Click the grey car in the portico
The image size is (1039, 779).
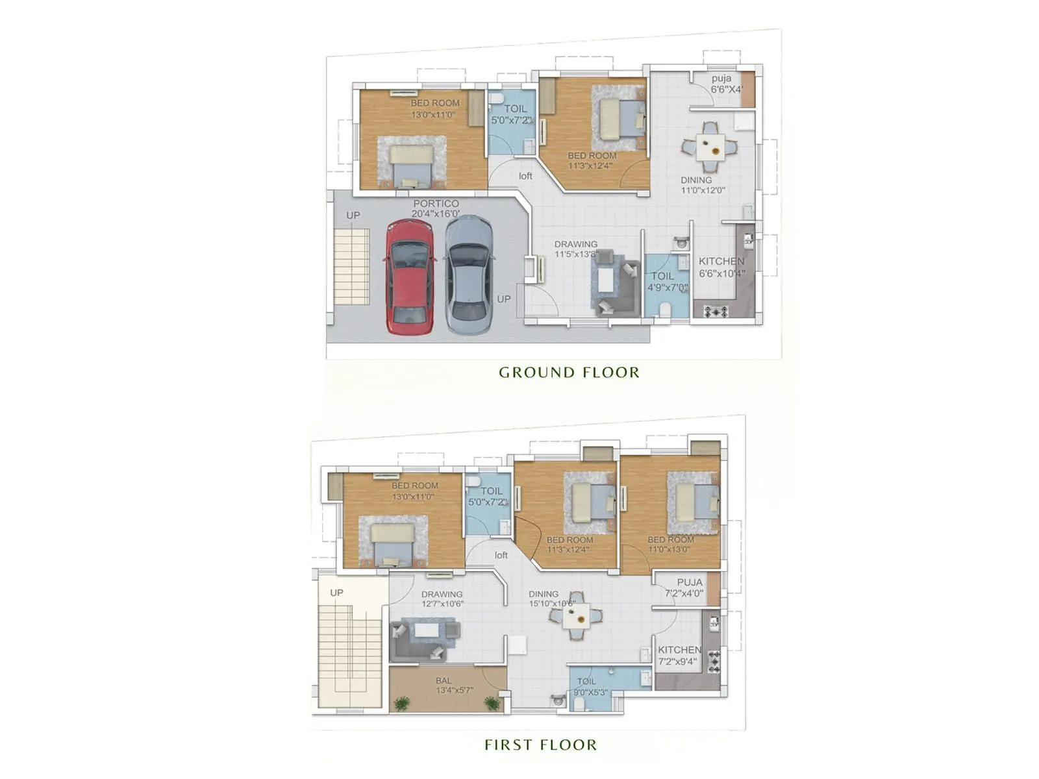[x=469, y=276]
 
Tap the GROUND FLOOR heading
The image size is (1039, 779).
[x=569, y=373]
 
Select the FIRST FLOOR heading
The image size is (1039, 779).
[x=540, y=745]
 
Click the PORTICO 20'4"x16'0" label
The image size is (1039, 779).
[x=436, y=208]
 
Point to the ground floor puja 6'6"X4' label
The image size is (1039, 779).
[x=726, y=84]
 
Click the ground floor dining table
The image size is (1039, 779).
[x=710, y=147]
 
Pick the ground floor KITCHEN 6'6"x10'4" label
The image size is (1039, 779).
[x=721, y=267]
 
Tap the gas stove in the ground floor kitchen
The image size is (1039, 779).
[x=715, y=312]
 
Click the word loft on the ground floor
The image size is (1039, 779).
[x=525, y=176]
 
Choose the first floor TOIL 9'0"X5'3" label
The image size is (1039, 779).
[x=590, y=687]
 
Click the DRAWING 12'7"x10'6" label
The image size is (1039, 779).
[x=442, y=599]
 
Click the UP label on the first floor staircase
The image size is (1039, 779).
[x=336, y=593]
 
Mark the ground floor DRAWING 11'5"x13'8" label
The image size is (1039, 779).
[x=575, y=249]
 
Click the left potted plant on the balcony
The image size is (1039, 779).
[x=402, y=702]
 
